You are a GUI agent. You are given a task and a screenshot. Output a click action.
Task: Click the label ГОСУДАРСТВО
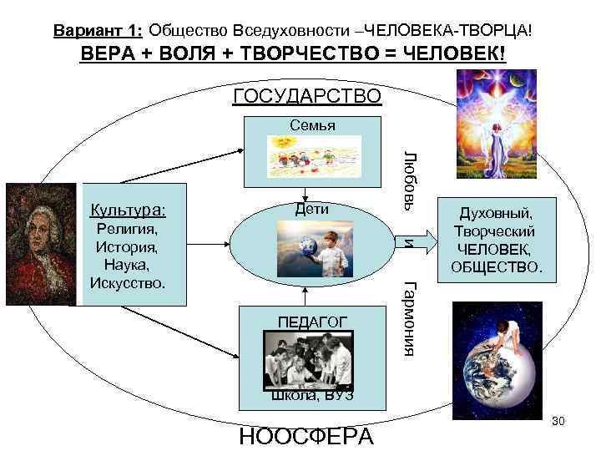pyautogui.click(x=307, y=96)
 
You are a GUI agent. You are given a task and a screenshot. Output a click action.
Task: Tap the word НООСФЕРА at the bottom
pyautogui.click(x=306, y=436)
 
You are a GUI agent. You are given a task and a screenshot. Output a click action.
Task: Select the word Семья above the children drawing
pyautogui.click(x=312, y=125)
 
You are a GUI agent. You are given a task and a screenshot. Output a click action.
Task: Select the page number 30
pyautogui.click(x=558, y=421)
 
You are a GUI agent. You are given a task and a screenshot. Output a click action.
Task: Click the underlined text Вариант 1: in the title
pyautogui.click(x=98, y=31)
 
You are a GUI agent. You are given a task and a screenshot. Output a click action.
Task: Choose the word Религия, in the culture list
pyautogui.click(x=127, y=227)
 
